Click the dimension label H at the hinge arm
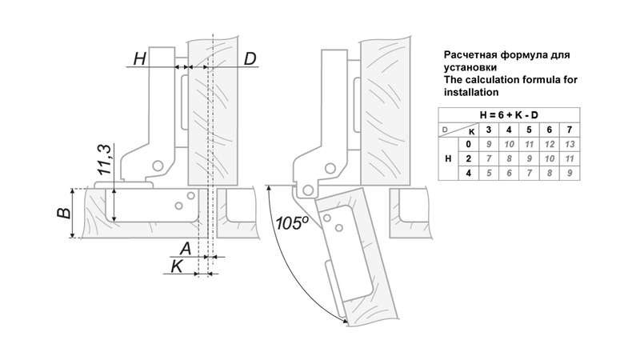(x=140, y=59)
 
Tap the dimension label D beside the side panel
(x=250, y=59)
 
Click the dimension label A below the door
(x=185, y=246)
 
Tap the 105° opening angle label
(x=289, y=222)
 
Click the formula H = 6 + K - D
(x=508, y=114)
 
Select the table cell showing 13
(x=569, y=143)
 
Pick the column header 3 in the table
(x=488, y=129)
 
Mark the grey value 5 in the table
(x=488, y=172)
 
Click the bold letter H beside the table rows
(x=448, y=158)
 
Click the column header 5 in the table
(x=528, y=129)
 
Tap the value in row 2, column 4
(x=508, y=158)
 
